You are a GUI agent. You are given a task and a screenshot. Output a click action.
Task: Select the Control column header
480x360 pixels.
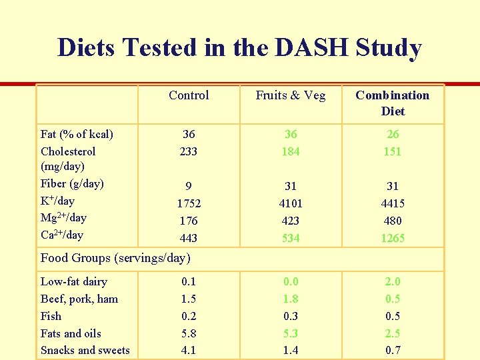click(x=189, y=95)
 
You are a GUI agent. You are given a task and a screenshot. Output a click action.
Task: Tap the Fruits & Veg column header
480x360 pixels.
click(x=291, y=95)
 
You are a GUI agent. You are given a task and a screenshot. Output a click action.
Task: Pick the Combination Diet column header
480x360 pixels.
click(x=393, y=103)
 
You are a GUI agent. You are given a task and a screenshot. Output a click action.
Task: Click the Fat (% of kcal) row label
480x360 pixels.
click(x=77, y=135)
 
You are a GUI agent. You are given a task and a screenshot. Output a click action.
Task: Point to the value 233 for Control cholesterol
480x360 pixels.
click(x=189, y=151)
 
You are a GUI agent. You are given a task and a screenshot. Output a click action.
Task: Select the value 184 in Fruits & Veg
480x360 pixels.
click(x=291, y=151)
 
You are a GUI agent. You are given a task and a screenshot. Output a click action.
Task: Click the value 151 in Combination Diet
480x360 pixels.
click(x=393, y=151)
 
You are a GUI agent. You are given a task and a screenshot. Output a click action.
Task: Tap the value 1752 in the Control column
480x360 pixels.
click(x=189, y=203)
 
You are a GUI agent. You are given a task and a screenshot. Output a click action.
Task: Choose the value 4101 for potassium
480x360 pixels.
click(x=291, y=203)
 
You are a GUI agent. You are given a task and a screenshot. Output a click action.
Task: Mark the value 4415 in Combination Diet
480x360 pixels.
click(x=393, y=203)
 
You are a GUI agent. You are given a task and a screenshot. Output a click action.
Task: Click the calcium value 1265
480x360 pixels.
click(x=393, y=238)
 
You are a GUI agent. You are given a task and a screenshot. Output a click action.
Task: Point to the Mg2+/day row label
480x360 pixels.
click(x=63, y=217)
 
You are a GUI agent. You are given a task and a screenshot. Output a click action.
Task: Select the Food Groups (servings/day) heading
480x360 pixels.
click(x=115, y=257)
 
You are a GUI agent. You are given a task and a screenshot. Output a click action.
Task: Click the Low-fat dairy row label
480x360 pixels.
click(x=73, y=282)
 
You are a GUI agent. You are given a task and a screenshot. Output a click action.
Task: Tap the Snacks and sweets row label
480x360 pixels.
click(x=85, y=351)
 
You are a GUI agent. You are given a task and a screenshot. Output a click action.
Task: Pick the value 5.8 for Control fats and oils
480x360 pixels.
click(x=189, y=333)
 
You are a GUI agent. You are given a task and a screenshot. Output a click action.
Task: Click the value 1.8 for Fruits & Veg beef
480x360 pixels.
click(x=291, y=299)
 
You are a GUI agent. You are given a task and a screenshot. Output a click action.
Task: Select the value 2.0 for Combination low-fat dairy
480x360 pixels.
click(x=393, y=282)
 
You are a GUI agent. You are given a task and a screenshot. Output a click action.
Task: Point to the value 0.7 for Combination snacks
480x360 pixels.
click(x=393, y=351)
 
